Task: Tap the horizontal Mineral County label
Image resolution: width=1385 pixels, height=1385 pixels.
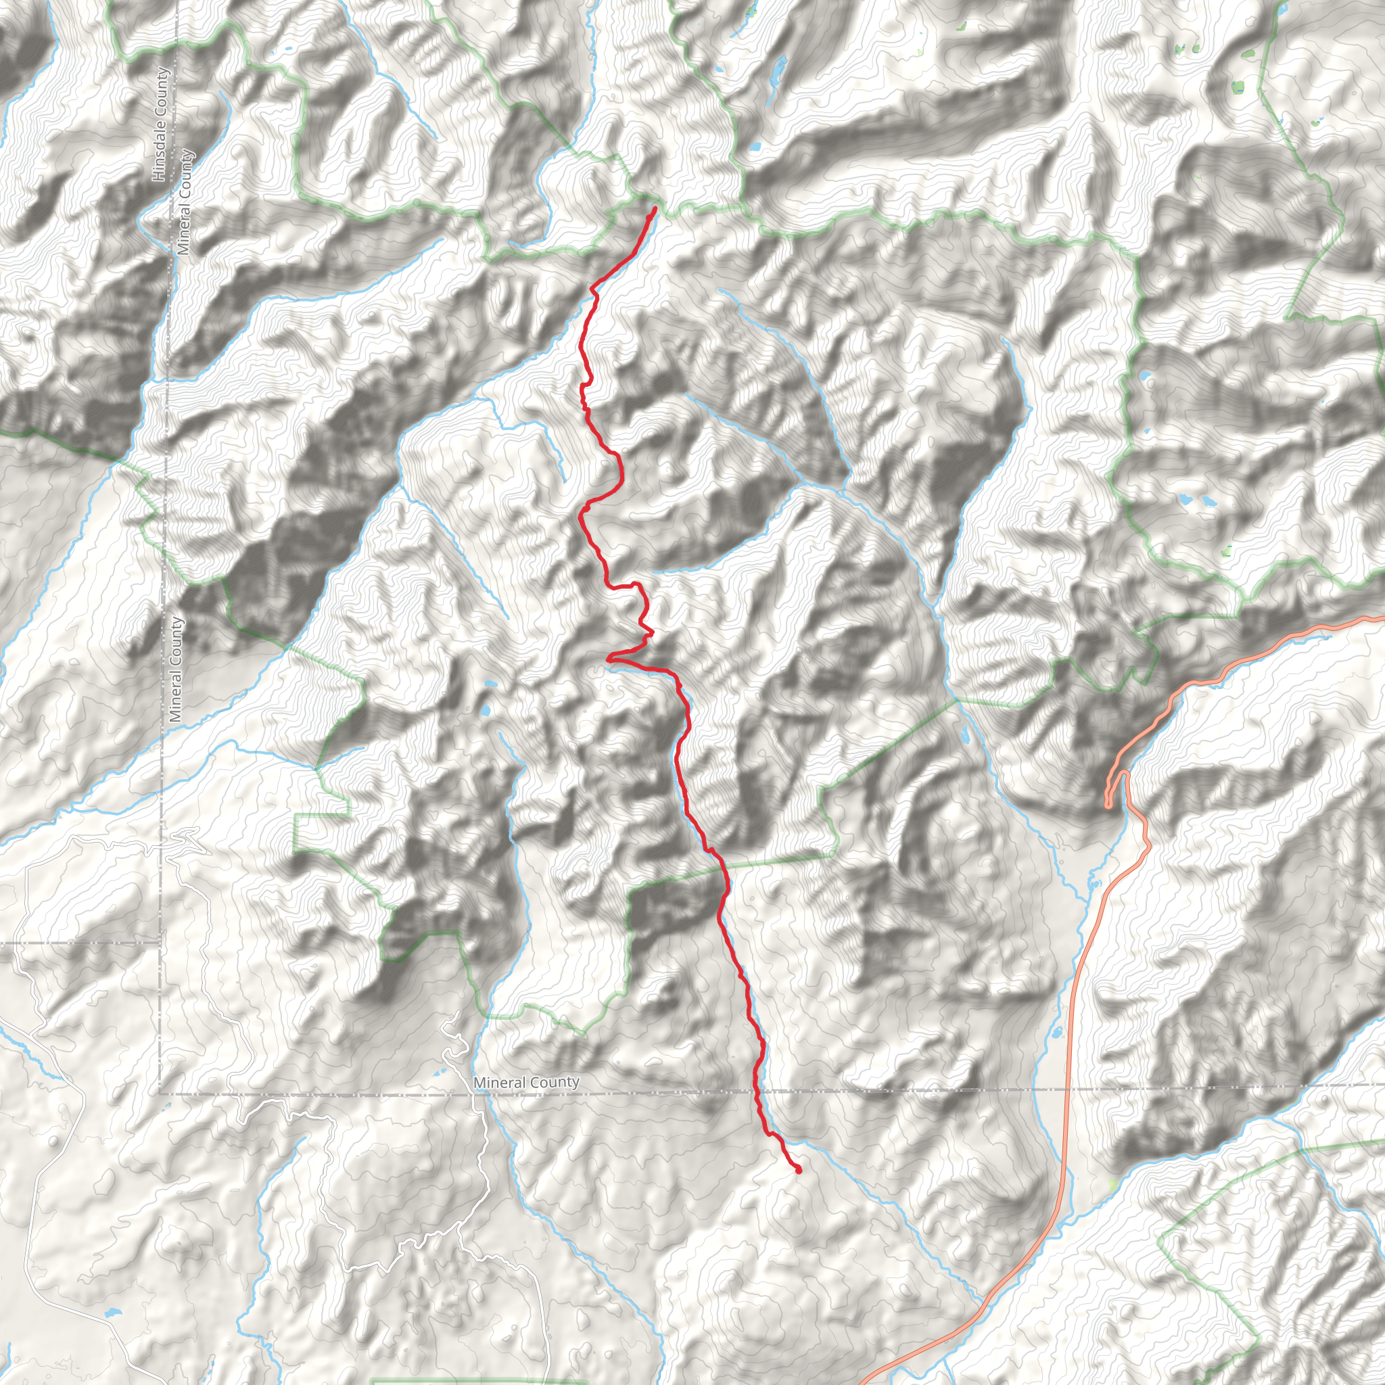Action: pos(526,1082)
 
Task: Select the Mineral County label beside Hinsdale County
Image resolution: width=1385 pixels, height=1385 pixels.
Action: pos(185,202)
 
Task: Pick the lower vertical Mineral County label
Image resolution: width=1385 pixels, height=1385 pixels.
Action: pos(176,669)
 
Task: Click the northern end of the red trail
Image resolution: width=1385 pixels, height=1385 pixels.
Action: pos(655,208)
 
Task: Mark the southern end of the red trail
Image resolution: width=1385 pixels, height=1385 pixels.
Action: pos(798,1171)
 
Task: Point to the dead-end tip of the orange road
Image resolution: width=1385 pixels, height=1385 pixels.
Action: pos(1109,805)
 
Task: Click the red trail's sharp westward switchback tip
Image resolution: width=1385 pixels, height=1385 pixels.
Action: pos(608,657)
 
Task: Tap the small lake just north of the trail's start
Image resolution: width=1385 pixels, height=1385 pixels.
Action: pos(754,147)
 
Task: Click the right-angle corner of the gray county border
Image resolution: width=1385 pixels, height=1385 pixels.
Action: pos(159,1094)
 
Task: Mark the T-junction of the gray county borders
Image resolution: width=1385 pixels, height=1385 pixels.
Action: pos(159,941)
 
